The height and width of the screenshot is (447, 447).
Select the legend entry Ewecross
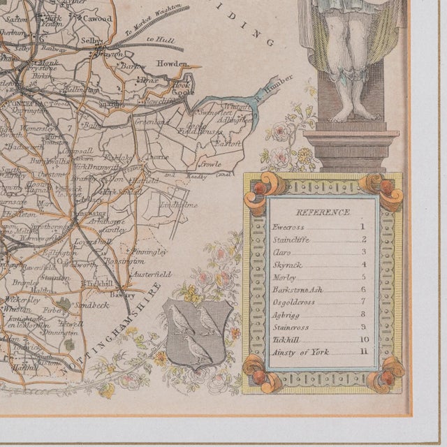[x=286, y=227]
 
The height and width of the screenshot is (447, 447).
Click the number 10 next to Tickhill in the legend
[x=363, y=339]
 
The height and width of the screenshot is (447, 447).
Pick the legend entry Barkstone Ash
[x=294, y=289]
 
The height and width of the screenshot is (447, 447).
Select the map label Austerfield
[x=152, y=274]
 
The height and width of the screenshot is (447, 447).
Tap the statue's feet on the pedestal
[x=353, y=112]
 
